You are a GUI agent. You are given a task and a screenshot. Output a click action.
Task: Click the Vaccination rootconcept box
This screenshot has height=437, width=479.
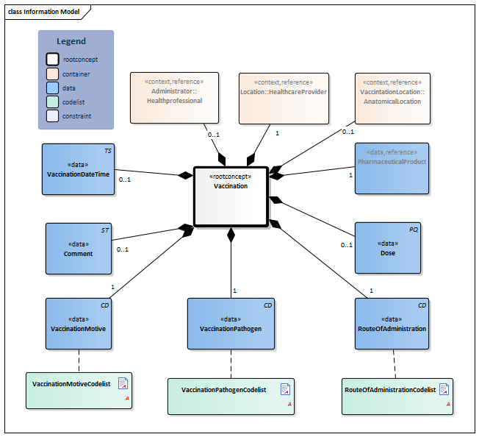pyautogui.click(x=231, y=196)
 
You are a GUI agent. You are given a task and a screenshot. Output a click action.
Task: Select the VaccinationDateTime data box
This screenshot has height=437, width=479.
pyautogui.click(x=78, y=168)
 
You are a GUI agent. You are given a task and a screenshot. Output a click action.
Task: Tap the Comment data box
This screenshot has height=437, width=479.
pyautogui.click(x=78, y=249)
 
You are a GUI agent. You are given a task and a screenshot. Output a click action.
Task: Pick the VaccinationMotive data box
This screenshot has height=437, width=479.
pyautogui.click(x=78, y=324)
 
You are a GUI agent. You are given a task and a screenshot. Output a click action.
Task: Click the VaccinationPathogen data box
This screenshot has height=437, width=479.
pyautogui.click(x=231, y=324)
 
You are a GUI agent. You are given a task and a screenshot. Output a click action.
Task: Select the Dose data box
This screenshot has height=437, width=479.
pyautogui.click(x=387, y=249)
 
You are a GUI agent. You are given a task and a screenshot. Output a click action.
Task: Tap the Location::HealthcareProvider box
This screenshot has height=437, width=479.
pyautogui.click(x=284, y=97)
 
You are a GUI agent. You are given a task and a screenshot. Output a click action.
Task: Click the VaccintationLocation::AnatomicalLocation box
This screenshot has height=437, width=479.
pyautogui.click(x=390, y=97)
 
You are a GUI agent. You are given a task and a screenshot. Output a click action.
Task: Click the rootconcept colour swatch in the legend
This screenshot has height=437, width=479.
pyautogui.click(x=52, y=60)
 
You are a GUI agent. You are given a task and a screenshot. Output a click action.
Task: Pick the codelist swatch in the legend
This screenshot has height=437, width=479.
pyautogui.click(x=52, y=102)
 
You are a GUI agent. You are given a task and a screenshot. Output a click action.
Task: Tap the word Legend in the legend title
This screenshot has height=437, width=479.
pyautogui.click(x=71, y=41)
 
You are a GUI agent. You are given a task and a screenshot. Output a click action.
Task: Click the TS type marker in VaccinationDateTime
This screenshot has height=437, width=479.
pyautogui.click(x=108, y=150)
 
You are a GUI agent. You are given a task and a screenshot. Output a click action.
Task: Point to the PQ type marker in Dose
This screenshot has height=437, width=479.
pyautogui.click(x=414, y=230)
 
